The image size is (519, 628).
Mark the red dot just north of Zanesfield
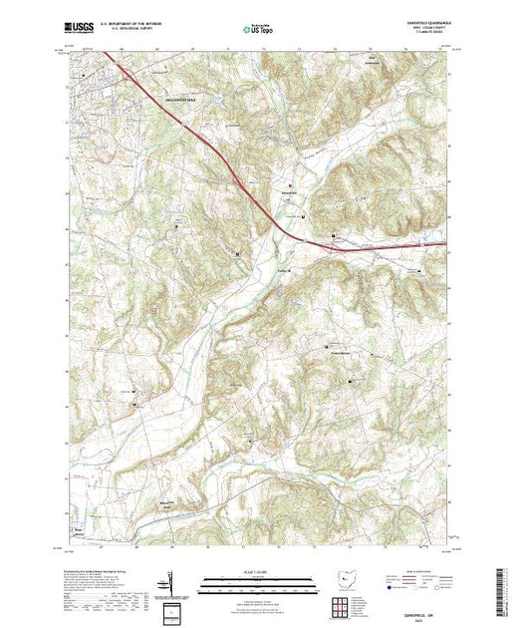pyautogui.click(x=291, y=184)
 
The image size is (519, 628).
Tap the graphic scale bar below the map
pyautogui.click(x=257, y=581)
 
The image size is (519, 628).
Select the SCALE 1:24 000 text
pyautogui.click(x=257, y=571)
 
